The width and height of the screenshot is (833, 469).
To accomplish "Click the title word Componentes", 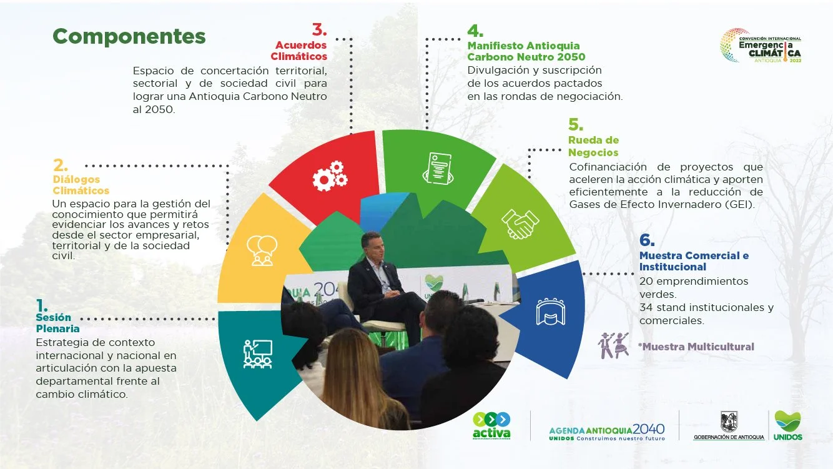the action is click(129, 36).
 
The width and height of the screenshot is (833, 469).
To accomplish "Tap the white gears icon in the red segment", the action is click(330, 176).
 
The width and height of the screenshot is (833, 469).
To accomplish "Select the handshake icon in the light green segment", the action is click(520, 224).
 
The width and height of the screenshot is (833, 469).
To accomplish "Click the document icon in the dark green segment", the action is click(438, 168).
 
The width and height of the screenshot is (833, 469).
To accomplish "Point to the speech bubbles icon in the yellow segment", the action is click(262, 250).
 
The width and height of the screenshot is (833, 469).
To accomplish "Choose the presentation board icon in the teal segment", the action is click(258, 354).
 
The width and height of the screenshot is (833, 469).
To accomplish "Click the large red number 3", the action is click(320, 30).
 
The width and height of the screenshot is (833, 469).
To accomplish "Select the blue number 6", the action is click(647, 240).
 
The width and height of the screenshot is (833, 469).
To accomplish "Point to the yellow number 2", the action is click(60, 165).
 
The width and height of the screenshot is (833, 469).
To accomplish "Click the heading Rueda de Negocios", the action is click(593, 146).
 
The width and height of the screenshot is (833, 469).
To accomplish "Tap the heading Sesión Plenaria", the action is click(57, 323).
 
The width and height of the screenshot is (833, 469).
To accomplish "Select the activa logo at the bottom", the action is click(491, 426).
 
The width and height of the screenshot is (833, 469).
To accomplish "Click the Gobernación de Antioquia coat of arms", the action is click(729, 422).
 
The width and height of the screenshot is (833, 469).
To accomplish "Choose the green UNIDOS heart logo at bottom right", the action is click(787, 425).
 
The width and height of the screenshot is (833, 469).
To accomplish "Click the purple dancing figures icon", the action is click(614, 345).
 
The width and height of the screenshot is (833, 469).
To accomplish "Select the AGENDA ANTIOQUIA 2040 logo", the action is click(607, 432).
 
